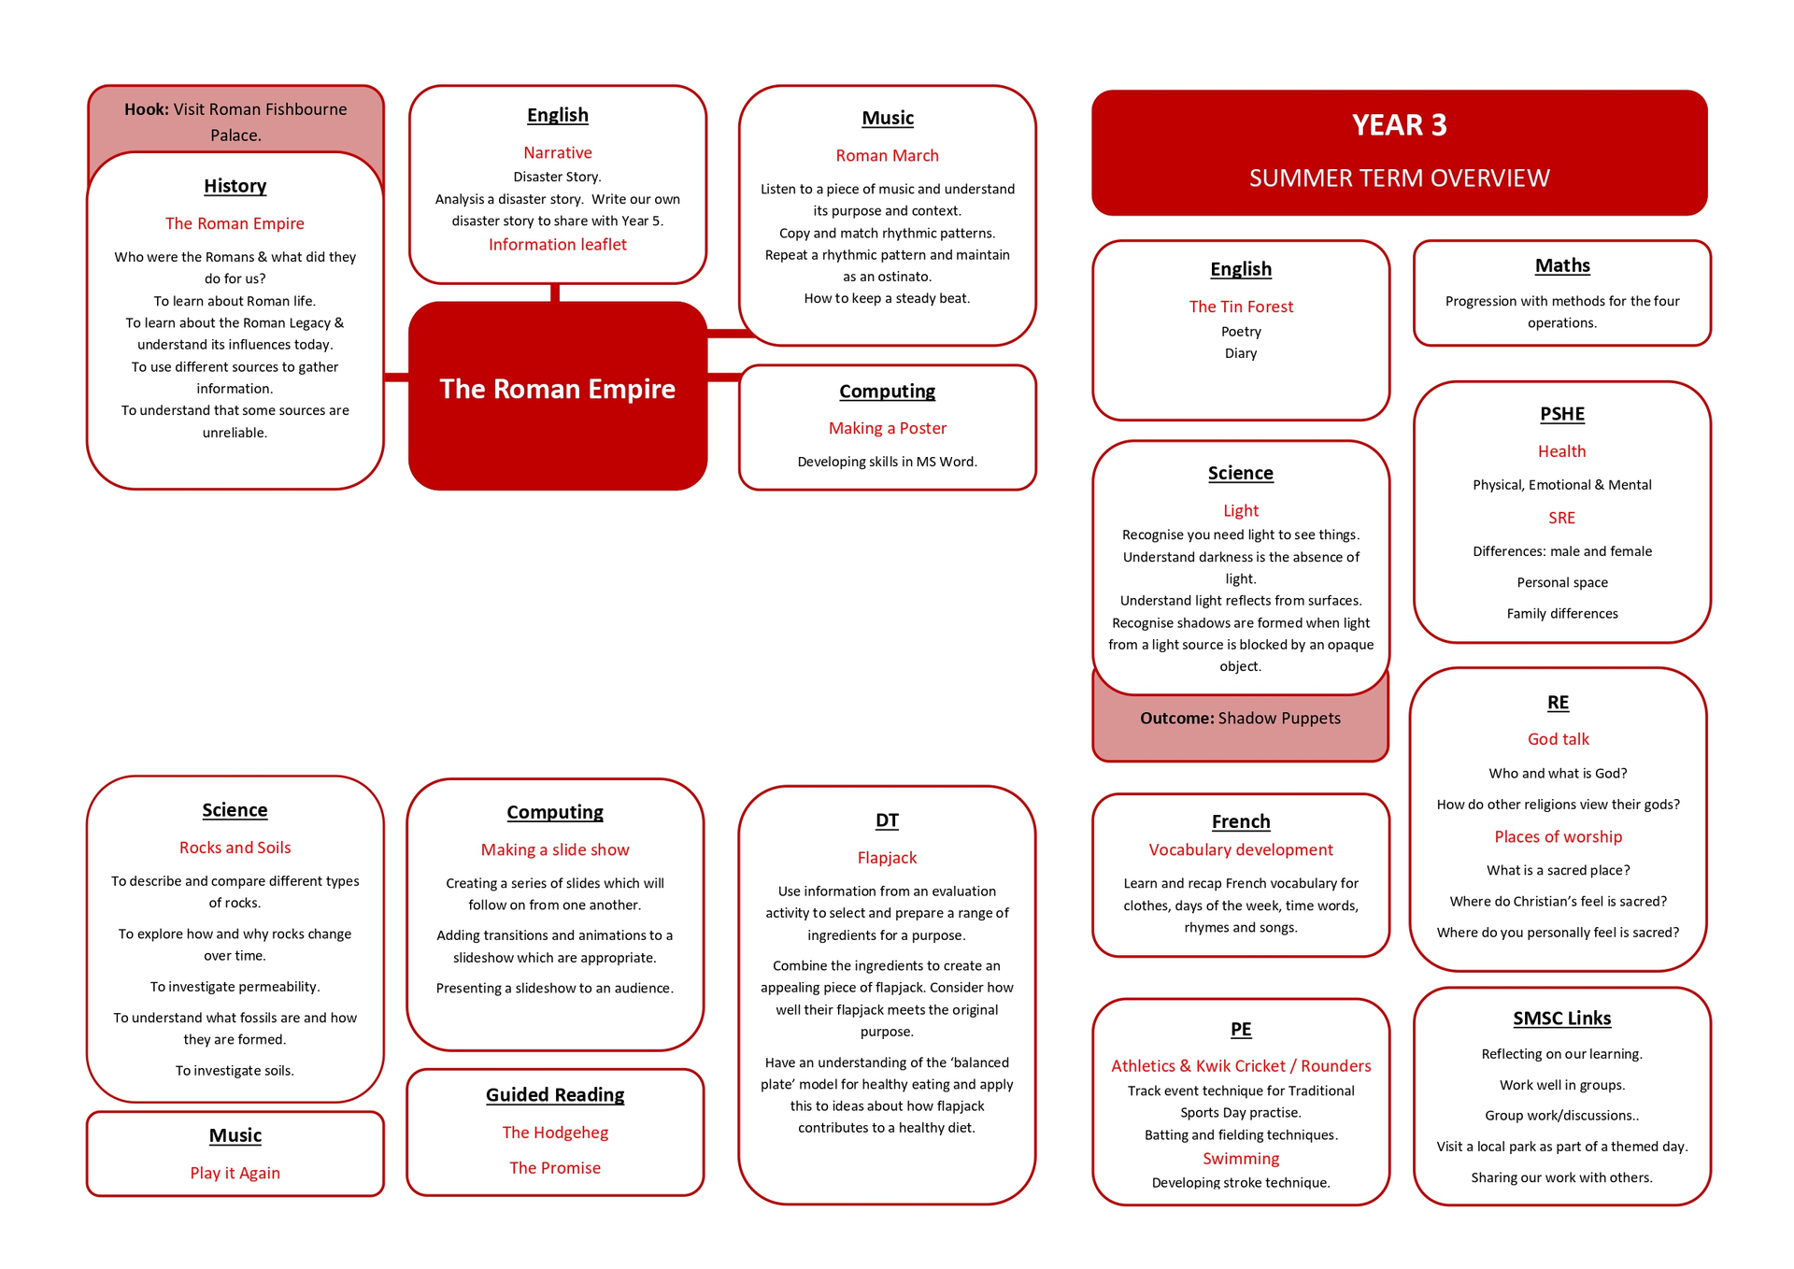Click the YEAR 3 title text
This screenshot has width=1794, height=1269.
1399,125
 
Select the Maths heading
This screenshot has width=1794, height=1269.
1562,266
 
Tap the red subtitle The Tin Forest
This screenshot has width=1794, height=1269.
1241,307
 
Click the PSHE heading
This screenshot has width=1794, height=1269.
1562,414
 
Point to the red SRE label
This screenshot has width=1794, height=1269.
1561,518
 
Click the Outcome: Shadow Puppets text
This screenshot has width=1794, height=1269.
1240,719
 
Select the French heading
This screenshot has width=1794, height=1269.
1241,821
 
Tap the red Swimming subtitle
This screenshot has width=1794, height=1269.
1241,1159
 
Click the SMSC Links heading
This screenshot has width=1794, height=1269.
1562,1019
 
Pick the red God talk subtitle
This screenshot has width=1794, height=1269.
1558,739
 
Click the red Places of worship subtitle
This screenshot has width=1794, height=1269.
1558,836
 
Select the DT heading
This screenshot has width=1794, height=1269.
887,820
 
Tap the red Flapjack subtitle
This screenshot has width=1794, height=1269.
887,858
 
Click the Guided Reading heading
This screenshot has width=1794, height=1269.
555,1095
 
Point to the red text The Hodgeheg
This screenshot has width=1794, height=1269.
555,1133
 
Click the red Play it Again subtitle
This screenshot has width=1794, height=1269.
235,1173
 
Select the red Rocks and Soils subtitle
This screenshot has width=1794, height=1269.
235,848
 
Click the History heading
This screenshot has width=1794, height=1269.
235,186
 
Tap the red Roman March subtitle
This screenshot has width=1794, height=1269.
887,156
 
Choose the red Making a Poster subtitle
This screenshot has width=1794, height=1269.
887,428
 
